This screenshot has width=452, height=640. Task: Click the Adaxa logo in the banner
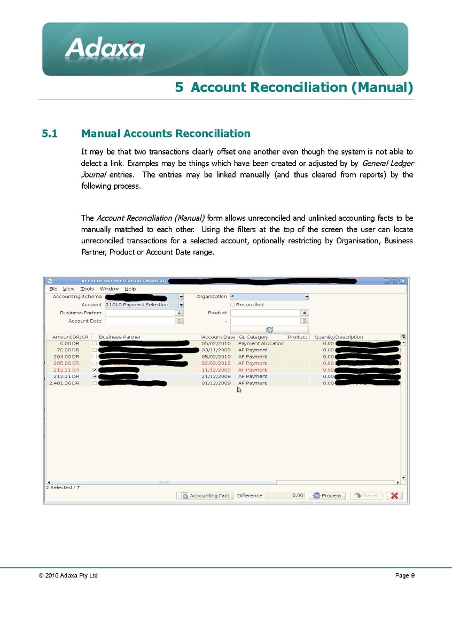pyautogui.click(x=105, y=48)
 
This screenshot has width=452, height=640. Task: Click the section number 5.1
pyautogui.click(x=50, y=134)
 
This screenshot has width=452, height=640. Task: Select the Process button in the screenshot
pyautogui.click(x=327, y=496)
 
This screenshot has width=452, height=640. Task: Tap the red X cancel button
pyautogui.click(x=394, y=496)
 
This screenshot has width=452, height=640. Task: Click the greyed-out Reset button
pyautogui.click(x=366, y=496)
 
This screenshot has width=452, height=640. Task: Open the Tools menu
pyautogui.click(x=87, y=289)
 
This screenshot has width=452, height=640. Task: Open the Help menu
pyautogui.click(x=130, y=289)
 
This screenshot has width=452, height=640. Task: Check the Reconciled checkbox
pyautogui.click(x=232, y=305)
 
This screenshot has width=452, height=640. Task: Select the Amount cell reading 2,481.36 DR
pyautogui.click(x=64, y=383)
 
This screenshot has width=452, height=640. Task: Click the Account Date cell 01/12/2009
pyautogui.click(x=216, y=383)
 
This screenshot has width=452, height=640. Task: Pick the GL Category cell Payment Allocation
pyautogui.click(x=261, y=343)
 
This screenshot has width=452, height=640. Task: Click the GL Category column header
pyautogui.click(x=254, y=337)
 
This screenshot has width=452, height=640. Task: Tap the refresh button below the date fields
pyautogui.click(x=269, y=330)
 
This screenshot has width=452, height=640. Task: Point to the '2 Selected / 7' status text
pyautogui.click(x=63, y=488)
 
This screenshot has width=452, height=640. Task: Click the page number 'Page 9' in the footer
pyautogui.click(x=404, y=576)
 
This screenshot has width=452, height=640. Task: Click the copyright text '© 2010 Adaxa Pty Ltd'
pyautogui.click(x=68, y=576)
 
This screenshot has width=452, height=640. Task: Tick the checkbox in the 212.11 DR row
pyautogui.click(x=95, y=376)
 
